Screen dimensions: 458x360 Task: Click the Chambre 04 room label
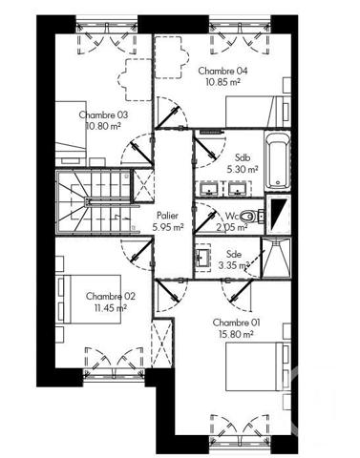point(222,72)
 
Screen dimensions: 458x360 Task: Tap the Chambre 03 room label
point(103,114)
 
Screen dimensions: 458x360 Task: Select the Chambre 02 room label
point(110,296)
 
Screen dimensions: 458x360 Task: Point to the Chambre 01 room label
point(234,322)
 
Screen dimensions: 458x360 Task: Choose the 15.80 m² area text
point(234,334)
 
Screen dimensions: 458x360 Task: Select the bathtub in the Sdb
point(278,159)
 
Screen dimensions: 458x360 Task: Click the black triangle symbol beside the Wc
point(277,212)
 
